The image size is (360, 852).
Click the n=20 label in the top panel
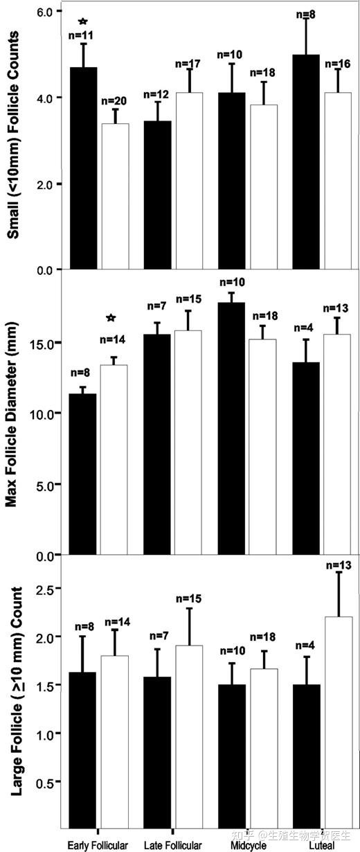click(114, 101)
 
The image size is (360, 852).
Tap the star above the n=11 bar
click(83, 21)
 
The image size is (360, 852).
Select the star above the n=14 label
click(111, 318)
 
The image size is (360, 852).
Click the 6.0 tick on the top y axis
click(44, 12)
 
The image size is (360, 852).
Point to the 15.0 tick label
click(41, 343)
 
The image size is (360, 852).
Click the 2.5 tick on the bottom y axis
click(44, 588)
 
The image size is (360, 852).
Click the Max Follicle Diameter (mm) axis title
click(11, 414)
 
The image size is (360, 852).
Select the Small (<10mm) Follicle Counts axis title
click(12, 135)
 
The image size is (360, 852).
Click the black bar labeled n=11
click(83, 168)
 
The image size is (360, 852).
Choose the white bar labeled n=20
click(115, 196)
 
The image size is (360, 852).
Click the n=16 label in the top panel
click(338, 64)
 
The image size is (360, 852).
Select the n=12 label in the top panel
click(156, 94)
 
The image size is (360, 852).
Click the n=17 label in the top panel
click(188, 64)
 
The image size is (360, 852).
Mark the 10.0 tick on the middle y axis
click(41, 414)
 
